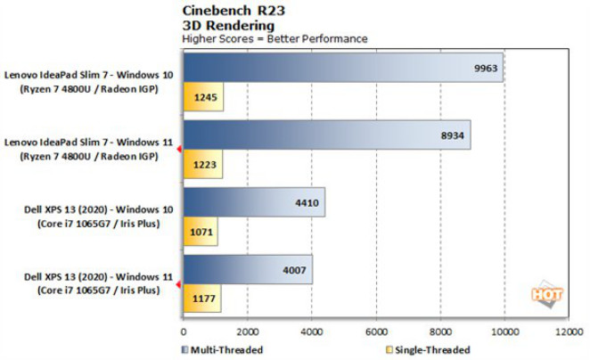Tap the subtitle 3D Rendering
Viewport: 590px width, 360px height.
pyautogui.click(x=217, y=25)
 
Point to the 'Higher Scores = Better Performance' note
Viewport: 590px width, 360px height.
pyautogui.click(x=274, y=38)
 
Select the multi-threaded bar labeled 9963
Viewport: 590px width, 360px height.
pyautogui.click(x=343, y=67)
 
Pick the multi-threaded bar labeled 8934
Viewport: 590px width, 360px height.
pyautogui.click(x=326, y=135)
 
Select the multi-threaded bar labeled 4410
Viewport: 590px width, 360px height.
pyautogui.click(x=253, y=202)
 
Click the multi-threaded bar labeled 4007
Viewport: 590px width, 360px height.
pyautogui.click(x=247, y=269)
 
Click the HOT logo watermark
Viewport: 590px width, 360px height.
pyautogui.click(x=543, y=291)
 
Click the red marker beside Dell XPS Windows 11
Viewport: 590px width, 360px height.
pyautogui.click(x=180, y=284)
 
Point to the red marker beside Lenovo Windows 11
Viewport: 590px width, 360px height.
pyautogui.click(x=180, y=150)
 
